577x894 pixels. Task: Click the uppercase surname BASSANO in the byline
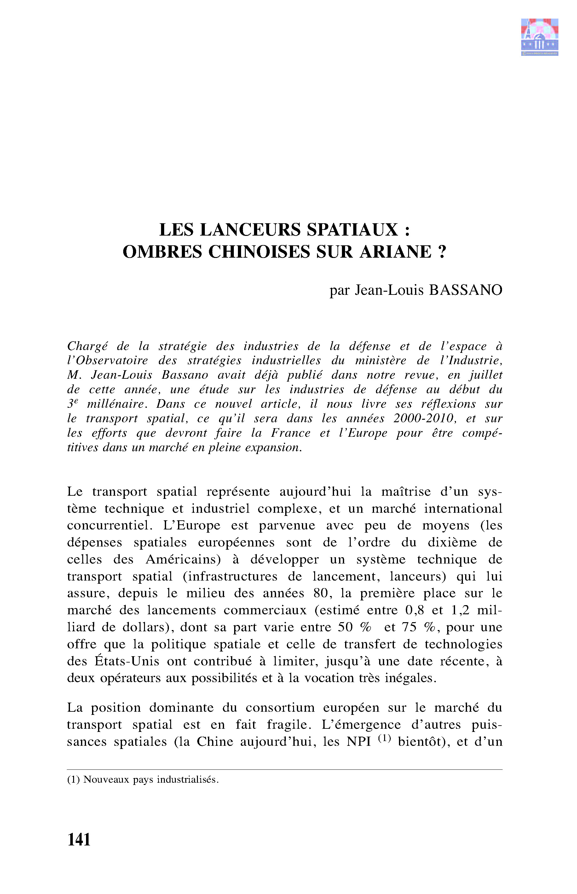tap(465, 290)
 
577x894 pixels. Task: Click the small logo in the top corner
tap(539, 37)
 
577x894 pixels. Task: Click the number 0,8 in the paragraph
tap(415, 610)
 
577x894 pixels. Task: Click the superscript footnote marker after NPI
tap(384, 738)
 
